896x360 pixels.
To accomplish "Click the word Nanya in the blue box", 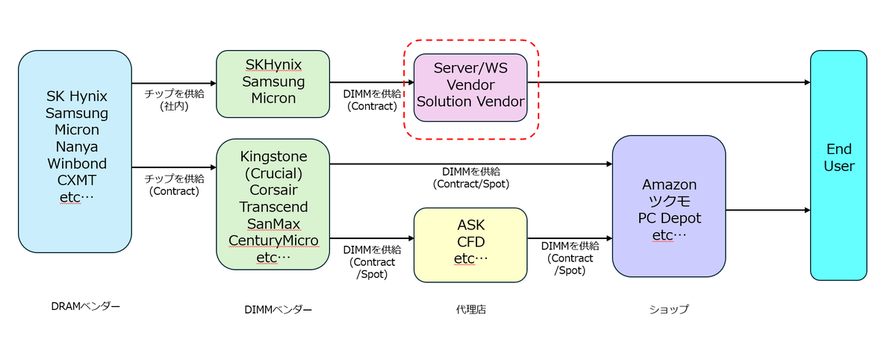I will pos(76,146).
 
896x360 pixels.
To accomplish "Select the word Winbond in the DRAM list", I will pos(76,164).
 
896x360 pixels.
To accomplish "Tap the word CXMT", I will pos(76,181).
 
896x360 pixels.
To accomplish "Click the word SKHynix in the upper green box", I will pos(273,65).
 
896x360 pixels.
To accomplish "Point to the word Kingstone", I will pos(273,157).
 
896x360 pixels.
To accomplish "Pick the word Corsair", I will pos(273,190).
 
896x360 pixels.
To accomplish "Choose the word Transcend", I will pos(273,207).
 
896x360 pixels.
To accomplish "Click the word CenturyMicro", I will pos(273,240).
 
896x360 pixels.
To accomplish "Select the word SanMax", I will pos(273,224).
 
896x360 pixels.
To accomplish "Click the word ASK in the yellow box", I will pos(470,225).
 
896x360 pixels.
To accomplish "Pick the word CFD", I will pos(470,242).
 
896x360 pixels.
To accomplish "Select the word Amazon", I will pos(669,184).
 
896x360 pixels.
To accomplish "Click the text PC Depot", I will pos(669,218).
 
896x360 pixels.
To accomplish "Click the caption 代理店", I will pos(470,309).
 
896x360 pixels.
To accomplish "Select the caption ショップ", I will pos(669,309).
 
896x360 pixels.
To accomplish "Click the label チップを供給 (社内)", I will pos(173,100).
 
